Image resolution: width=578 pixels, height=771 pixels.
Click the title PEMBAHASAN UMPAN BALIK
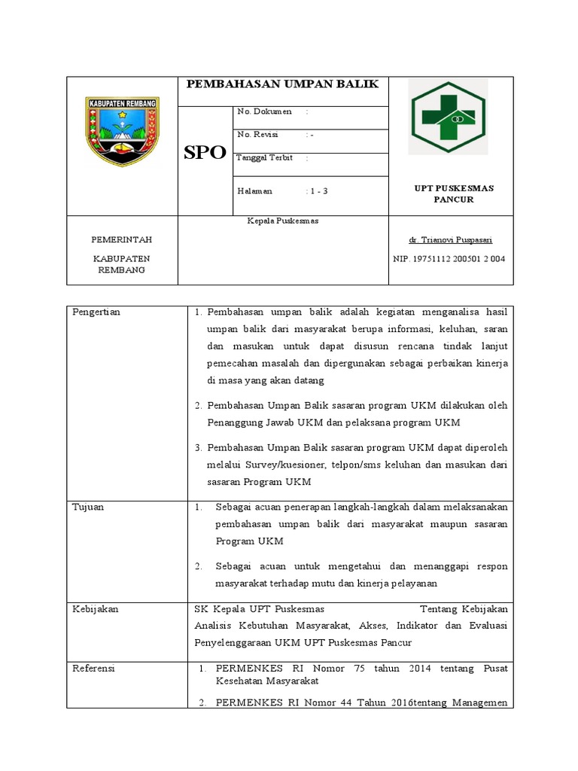(x=282, y=84)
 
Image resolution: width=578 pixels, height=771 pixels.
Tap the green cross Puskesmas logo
(x=447, y=116)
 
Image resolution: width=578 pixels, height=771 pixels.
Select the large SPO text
(x=205, y=153)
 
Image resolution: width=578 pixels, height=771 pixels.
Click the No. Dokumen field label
(x=264, y=111)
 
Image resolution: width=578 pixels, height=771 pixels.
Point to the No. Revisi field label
(x=257, y=135)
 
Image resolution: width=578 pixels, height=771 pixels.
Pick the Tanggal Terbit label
(x=264, y=158)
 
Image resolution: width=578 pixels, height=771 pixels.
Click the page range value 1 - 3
(x=317, y=191)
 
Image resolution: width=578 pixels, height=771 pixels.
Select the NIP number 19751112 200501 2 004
(x=449, y=259)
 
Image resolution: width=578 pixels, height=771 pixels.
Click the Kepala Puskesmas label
(x=283, y=221)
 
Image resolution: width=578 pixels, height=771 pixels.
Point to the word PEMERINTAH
(x=121, y=239)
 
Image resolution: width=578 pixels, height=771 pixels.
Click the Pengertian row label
(x=96, y=312)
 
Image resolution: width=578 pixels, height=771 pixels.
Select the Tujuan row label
(x=88, y=507)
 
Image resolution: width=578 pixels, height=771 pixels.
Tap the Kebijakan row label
(x=95, y=609)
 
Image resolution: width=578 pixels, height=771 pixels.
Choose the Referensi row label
(x=94, y=668)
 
